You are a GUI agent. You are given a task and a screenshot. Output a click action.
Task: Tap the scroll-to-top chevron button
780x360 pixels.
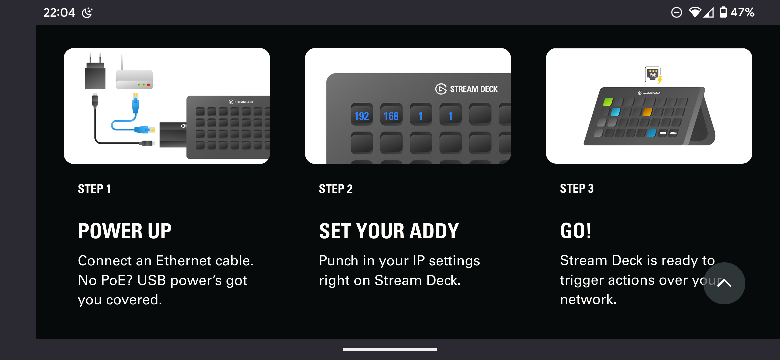tap(724, 283)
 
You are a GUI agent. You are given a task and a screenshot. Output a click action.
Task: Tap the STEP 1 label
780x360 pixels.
tap(94, 189)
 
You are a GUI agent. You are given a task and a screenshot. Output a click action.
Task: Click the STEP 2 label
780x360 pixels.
tap(336, 189)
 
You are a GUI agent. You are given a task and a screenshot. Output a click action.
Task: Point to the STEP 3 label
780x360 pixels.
tap(577, 188)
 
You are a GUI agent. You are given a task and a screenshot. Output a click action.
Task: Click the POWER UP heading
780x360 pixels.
tap(125, 231)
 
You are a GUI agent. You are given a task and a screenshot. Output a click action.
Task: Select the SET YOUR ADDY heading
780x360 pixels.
tap(389, 231)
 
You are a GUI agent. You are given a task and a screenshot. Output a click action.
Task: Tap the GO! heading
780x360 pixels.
tap(576, 231)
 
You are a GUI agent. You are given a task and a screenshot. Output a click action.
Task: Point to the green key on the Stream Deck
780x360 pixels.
tap(608, 102)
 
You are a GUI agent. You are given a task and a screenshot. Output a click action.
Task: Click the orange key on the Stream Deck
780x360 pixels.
tap(647, 112)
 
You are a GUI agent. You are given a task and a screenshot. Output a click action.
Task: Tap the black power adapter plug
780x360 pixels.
tap(95, 71)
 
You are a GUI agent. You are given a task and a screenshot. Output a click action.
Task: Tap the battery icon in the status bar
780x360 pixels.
tap(723, 12)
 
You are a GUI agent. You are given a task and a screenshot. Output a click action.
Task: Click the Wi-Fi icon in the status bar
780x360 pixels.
tap(695, 12)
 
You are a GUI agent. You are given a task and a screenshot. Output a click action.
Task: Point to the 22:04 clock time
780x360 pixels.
tap(59, 13)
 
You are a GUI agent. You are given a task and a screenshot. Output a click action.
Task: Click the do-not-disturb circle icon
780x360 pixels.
tap(676, 12)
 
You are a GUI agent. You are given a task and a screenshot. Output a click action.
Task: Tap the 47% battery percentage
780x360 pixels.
tap(743, 12)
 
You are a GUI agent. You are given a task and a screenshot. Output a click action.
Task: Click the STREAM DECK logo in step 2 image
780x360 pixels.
tap(466, 89)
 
